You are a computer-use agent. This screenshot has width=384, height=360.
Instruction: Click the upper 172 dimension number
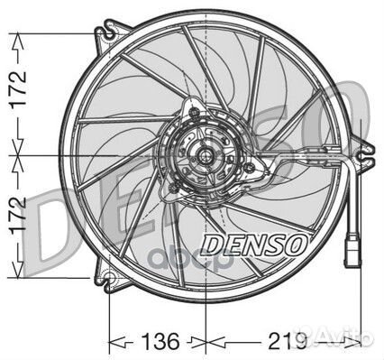pyautogui.click(x=19, y=88)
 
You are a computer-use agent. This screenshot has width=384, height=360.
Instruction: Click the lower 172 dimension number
pyautogui.click(x=19, y=216)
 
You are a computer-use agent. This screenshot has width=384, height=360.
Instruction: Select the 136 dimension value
pyautogui.click(x=160, y=341)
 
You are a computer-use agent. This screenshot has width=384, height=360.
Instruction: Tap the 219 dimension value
pyautogui.click(x=288, y=341)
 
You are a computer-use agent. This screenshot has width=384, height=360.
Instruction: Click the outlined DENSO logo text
pyautogui.click(x=255, y=245)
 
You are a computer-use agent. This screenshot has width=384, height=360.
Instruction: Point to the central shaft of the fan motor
pyautogui.click(x=206, y=156)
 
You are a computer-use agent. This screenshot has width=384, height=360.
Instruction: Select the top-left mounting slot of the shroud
pyautogui.click(x=109, y=33)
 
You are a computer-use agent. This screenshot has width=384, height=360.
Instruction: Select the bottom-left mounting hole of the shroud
pyautogui.click(x=110, y=278)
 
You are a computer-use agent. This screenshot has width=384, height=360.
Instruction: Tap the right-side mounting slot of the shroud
pyautogui.click(x=364, y=155)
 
